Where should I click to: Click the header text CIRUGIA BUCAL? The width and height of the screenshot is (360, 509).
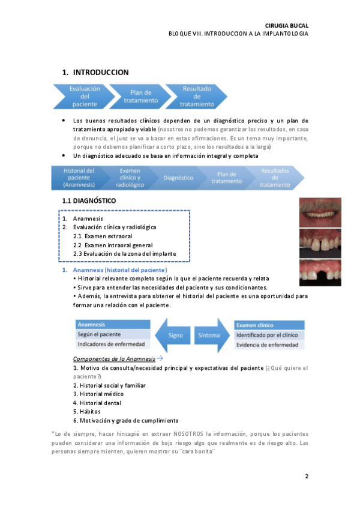(286, 25)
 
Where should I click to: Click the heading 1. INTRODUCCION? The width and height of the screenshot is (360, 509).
(95, 73)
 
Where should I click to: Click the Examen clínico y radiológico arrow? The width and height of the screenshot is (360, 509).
(128, 178)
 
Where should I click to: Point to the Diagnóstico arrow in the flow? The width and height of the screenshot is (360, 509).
(178, 178)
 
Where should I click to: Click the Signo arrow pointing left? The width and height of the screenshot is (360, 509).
(173, 335)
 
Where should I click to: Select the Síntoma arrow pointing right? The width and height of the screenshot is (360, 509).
(208, 335)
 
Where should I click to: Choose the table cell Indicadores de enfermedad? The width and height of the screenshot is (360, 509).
(112, 345)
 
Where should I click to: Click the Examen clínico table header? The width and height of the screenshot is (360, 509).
(269, 324)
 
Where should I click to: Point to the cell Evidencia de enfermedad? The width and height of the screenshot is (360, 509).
(269, 345)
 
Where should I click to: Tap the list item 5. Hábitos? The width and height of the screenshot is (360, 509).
(88, 412)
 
